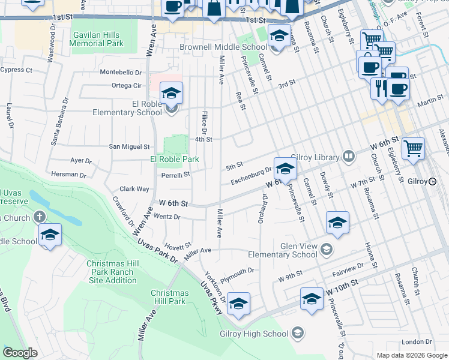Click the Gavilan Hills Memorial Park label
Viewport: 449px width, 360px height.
click(x=96, y=40)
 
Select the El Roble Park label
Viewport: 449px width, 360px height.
click(x=174, y=159)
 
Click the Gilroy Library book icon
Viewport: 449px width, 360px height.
click(x=348, y=157)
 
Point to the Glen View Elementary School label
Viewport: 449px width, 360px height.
click(x=298, y=250)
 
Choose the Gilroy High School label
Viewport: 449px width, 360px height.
click(x=259, y=334)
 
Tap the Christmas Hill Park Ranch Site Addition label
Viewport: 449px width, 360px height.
click(x=111, y=272)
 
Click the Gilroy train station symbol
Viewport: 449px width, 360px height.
click(x=432, y=181)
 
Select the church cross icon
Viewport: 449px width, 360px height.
click(x=40, y=217)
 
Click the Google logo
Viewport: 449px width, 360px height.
click(x=20, y=352)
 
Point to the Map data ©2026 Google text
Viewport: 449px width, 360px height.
click(x=412, y=355)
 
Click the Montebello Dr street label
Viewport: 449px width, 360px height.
click(x=124, y=72)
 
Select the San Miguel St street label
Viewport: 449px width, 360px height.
click(x=128, y=146)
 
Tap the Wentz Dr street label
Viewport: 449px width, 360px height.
click(x=167, y=216)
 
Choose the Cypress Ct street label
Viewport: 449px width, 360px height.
click(x=16, y=70)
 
